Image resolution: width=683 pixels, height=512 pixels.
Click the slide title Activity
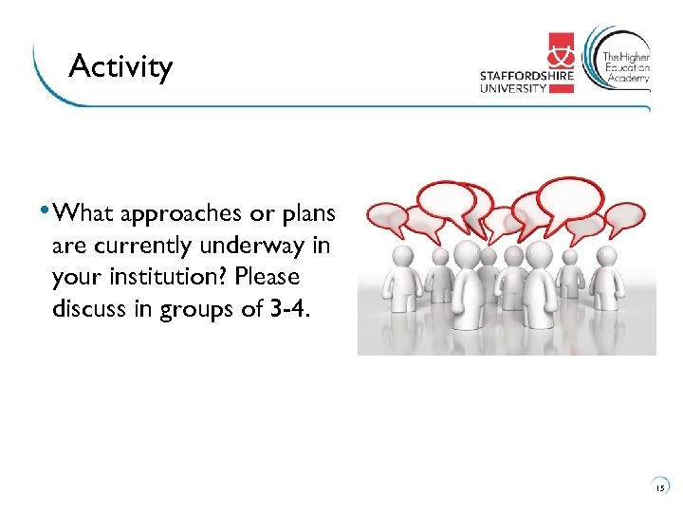[x=120, y=67]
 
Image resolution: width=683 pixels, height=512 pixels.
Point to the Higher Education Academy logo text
[x=627, y=67]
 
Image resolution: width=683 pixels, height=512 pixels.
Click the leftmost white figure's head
[x=402, y=255]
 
